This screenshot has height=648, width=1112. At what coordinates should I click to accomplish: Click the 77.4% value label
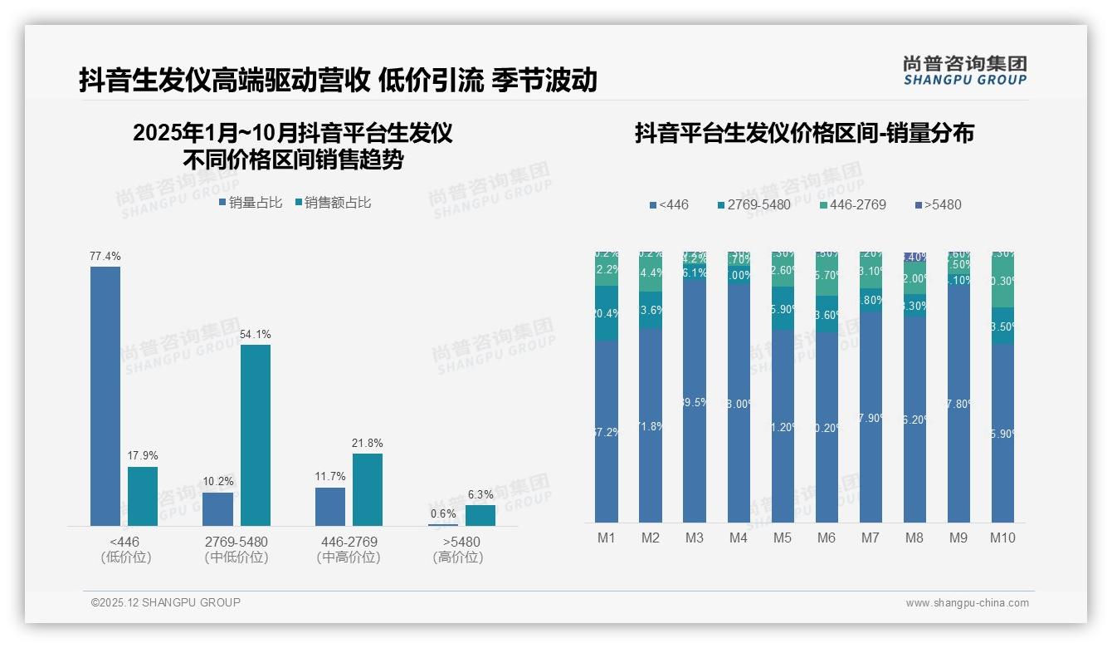pyautogui.click(x=105, y=257)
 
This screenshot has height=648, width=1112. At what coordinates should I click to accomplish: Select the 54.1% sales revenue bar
pyautogui.click(x=256, y=434)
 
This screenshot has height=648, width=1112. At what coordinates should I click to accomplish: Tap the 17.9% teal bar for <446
pyautogui.click(x=143, y=496)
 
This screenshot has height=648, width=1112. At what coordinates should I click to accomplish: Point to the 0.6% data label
pyautogui.click(x=442, y=513)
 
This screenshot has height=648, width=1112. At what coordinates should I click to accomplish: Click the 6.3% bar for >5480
pyautogui.click(x=480, y=515)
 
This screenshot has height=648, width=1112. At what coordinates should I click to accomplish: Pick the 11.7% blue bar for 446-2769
pyautogui.click(x=330, y=506)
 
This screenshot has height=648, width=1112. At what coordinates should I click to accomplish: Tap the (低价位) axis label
pyautogui.click(x=125, y=557)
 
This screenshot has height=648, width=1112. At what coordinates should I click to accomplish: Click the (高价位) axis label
pyautogui.click(x=457, y=557)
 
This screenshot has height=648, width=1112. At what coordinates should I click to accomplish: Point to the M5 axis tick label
pyautogui.click(x=783, y=538)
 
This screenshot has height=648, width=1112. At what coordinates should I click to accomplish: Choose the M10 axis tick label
pyautogui.click(x=1002, y=538)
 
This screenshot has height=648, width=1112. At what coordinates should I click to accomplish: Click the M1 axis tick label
pyautogui.click(x=607, y=538)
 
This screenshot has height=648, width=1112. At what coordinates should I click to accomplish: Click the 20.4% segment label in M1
pyautogui.click(x=607, y=313)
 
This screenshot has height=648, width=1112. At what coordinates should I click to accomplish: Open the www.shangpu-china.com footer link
pyautogui.click(x=967, y=603)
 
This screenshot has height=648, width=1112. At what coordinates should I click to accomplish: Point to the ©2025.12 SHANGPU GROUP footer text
pyautogui.click(x=166, y=602)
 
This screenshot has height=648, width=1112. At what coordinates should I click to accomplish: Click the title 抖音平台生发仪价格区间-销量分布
pyautogui.click(x=804, y=133)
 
